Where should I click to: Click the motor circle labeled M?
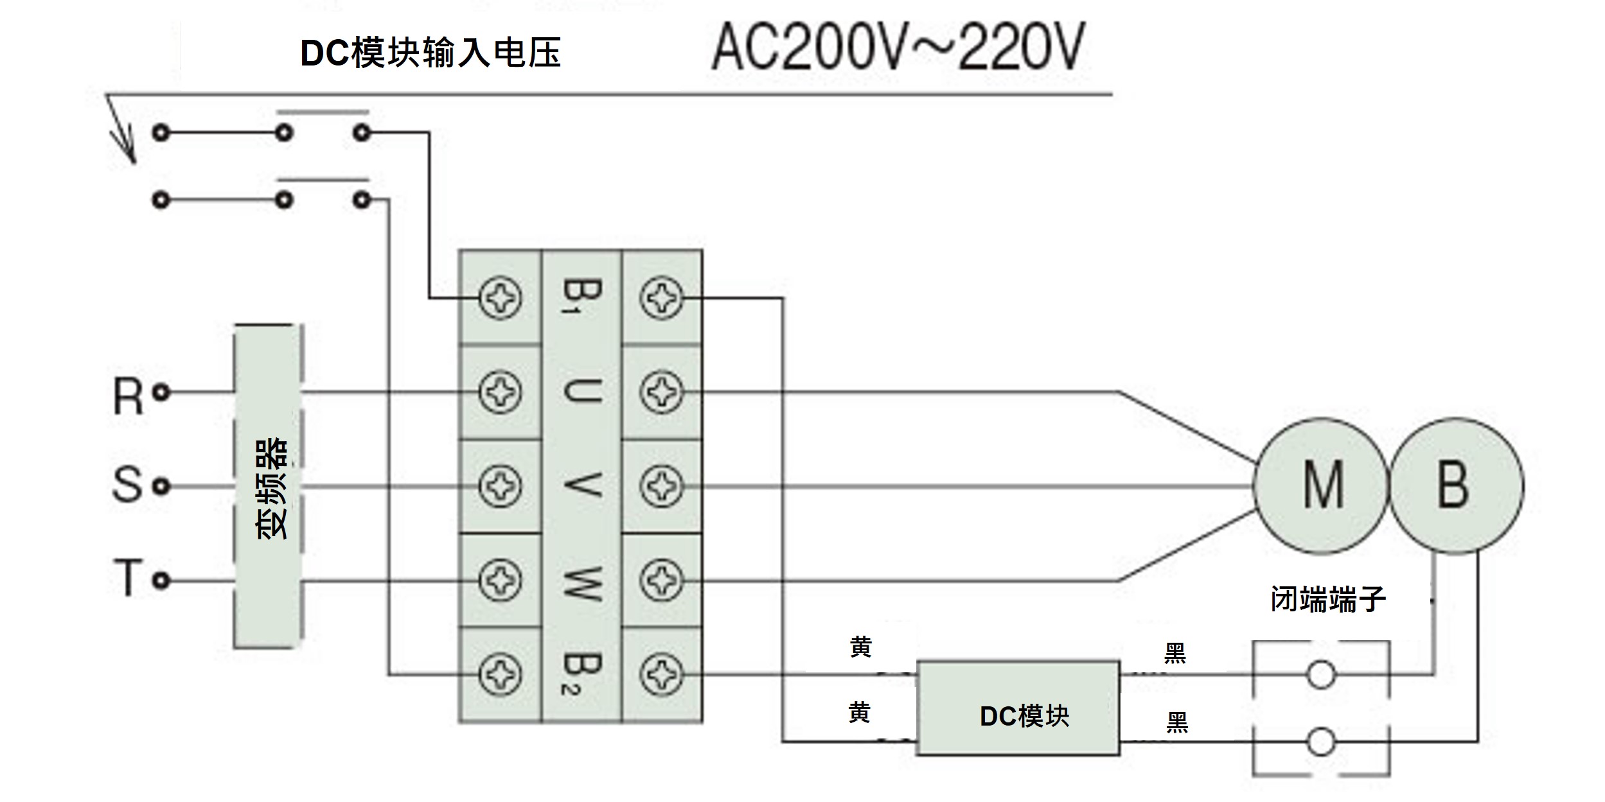(1321, 486)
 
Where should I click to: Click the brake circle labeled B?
(1456, 486)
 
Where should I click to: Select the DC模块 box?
(1018, 708)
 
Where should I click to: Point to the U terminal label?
(581, 391)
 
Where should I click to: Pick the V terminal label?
(581, 485)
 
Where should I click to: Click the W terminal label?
(581, 580)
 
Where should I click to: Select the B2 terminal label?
(581, 675)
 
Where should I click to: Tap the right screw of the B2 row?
(662, 675)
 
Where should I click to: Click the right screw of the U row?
(662, 392)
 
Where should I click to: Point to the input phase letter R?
(128, 396)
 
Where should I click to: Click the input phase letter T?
(128, 578)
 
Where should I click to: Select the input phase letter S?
(128, 485)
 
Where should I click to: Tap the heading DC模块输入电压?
(430, 53)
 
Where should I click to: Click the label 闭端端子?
(1328, 599)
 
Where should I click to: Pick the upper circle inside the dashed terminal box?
(1321, 675)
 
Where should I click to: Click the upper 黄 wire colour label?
(861, 647)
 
